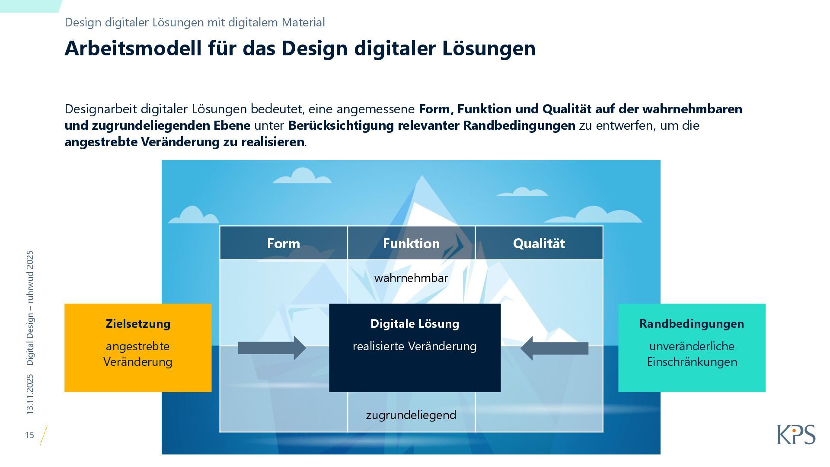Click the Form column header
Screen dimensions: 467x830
[283, 243]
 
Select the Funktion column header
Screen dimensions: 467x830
[411, 243]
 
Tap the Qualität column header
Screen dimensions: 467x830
[539, 243]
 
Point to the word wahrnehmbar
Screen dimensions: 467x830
[411, 278]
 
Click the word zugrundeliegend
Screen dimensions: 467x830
[411, 415]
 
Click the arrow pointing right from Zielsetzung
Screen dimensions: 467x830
[272, 348]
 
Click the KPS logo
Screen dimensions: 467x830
[796, 435]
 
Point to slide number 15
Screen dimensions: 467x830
[29, 435]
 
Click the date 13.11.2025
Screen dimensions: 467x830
[30, 394]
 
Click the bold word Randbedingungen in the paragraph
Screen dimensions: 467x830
[519, 125]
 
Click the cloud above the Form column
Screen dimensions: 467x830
[302, 176]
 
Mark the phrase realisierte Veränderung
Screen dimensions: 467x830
[415, 346]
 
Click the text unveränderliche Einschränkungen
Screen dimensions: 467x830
[692, 354]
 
